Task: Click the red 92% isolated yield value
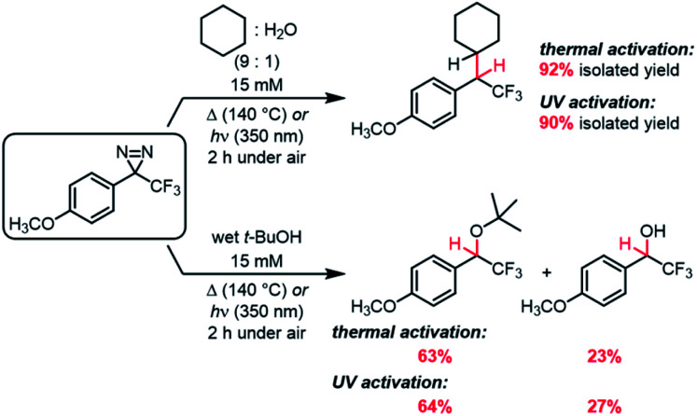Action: click(556, 70)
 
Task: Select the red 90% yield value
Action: click(556, 123)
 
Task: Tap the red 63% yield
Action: click(434, 357)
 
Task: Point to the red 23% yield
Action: click(603, 357)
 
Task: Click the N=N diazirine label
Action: click(134, 153)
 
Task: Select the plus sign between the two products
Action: click(546, 272)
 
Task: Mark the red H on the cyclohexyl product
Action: click(500, 67)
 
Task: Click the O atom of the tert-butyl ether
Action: click(477, 231)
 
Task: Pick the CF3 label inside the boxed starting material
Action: click(165, 187)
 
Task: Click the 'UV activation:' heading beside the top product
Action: click(598, 103)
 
